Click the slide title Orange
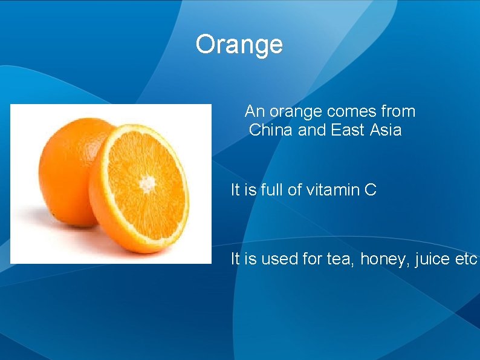pos(239,45)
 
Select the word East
pos(348,130)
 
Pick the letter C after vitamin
pos(370,191)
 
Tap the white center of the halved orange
pos(147,182)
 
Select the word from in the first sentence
pos(398,112)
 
